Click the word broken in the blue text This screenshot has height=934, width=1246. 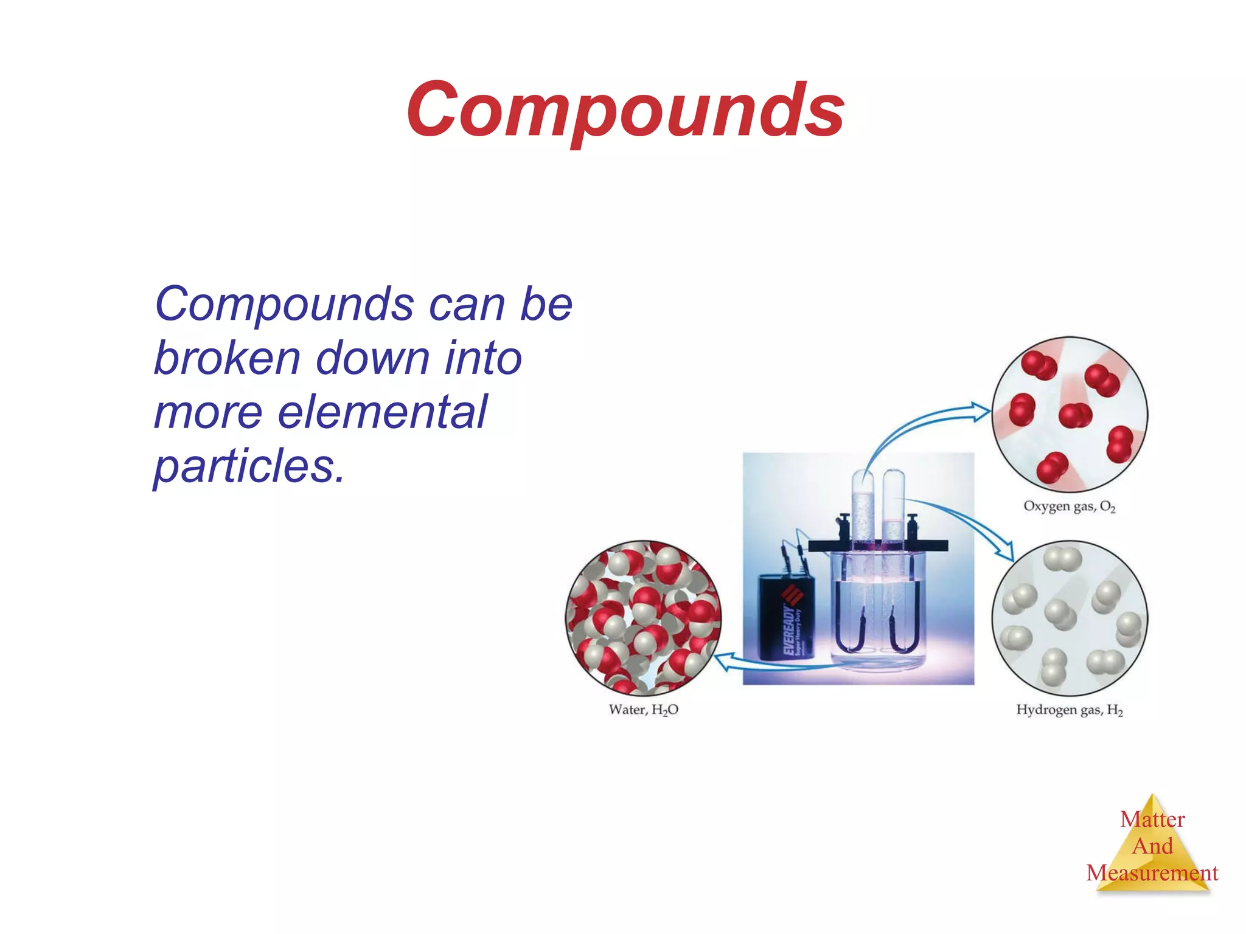pyautogui.click(x=227, y=358)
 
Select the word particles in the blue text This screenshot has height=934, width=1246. pyautogui.click(x=249, y=466)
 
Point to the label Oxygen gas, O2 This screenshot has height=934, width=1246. pyautogui.click(x=1069, y=507)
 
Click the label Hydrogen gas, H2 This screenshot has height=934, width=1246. pyautogui.click(x=1069, y=710)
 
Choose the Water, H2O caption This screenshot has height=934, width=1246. pyautogui.click(x=643, y=710)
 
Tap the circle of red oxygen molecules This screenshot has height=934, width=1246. pyautogui.click(x=1070, y=414)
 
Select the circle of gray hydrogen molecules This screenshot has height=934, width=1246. pyautogui.click(x=1070, y=618)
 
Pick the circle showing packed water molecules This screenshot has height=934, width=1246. pyautogui.click(x=643, y=618)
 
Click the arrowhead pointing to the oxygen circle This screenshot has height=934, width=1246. pyautogui.click(x=981, y=411)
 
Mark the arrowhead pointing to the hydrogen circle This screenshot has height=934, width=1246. pyautogui.click(x=1006, y=552)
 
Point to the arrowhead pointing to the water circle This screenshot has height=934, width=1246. pyautogui.click(x=722, y=662)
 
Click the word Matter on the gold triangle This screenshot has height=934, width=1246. pyautogui.click(x=1152, y=820)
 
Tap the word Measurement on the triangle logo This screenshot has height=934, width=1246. pyautogui.click(x=1152, y=873)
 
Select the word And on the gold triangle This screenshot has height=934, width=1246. pyautogui.click(x=1152, y=846)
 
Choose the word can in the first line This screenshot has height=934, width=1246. pyautogui.click(x=466, y=305)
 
